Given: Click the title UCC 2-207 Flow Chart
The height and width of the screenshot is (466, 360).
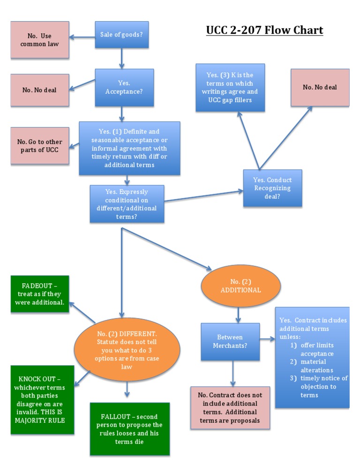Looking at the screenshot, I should (x=264, y=30).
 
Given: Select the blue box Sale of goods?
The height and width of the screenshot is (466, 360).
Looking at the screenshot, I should (x=122, y=34).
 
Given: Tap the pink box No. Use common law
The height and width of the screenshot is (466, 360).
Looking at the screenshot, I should (x=39, y=40).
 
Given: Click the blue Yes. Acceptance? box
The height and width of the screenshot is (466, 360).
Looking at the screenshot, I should (x=124, y=87).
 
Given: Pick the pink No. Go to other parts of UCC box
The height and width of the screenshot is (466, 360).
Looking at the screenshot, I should (x=39, y=145).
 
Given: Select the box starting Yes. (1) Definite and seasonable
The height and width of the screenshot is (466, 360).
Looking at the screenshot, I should (x=129, y=148).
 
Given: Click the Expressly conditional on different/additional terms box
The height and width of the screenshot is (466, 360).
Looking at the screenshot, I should (x=127, y=203).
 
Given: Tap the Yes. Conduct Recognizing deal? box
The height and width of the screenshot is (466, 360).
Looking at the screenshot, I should (x=272, y=188).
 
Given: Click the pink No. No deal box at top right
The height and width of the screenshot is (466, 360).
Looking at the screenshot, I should (x=320, y=87).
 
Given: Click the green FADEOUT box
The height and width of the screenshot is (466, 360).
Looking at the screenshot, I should (x=39, y=294).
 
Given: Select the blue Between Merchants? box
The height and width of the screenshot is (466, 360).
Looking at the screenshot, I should (x=230, y=341).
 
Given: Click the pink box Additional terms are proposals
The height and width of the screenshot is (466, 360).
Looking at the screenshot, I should (x=230, y=407).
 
